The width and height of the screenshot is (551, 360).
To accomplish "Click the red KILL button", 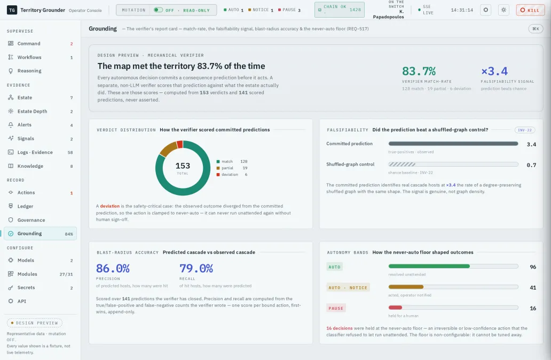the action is click(530, 10).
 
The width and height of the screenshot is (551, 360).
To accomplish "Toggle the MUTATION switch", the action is click(158, 10).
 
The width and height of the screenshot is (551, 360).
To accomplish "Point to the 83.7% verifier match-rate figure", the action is click(419, 72).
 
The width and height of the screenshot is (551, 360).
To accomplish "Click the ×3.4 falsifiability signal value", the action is click(494, 72).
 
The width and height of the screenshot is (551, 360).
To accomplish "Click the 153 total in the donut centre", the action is click(183, 166).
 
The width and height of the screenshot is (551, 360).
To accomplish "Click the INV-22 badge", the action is click(525, 130).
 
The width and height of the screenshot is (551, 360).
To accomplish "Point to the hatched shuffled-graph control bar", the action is click(402, 164).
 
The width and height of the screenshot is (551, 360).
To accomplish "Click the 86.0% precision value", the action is click(113, 269).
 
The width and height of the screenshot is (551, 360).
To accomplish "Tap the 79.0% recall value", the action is click(196, 269).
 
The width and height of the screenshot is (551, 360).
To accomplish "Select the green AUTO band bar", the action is click(429, 267).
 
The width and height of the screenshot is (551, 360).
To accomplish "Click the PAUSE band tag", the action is click(336, 308).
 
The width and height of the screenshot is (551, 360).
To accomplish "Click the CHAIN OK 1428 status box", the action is click(340, 10).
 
